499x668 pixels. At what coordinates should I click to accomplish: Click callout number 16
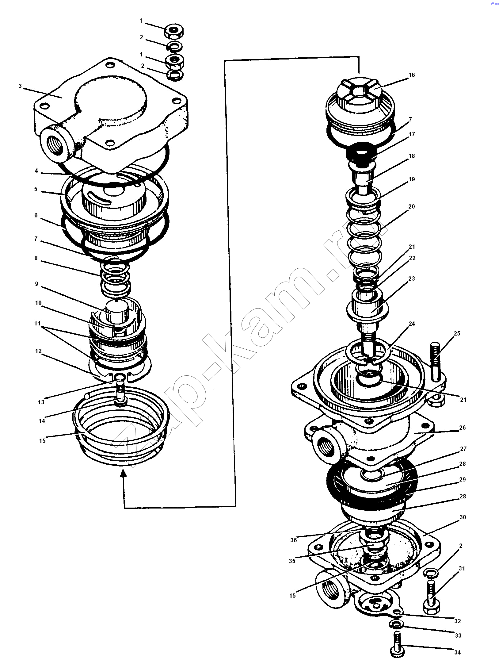click(x=411, y=75)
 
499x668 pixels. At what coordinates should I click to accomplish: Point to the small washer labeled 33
click(x=396, y=624)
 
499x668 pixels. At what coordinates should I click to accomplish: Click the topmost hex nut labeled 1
click(x=174, y=31)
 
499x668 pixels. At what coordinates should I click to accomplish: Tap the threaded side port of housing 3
click(x=57, y=144)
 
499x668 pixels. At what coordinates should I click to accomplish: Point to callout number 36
click(x=293, y=540)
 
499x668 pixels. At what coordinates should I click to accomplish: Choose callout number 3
click(x=20, y=86)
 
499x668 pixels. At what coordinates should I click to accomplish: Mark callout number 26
click(x=462, y=427)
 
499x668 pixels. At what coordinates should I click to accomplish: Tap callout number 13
click(x=41, y=402)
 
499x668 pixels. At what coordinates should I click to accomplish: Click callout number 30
click(x=463, y=517)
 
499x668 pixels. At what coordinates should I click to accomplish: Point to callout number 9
click(x=36, y=284)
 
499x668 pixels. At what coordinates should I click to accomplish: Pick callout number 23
click(x=411, y=278)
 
